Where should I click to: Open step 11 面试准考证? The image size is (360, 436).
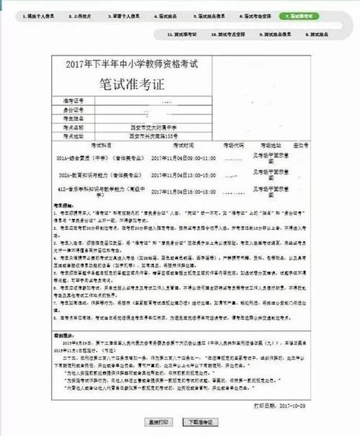pyautogui.click(x=181, y=34)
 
